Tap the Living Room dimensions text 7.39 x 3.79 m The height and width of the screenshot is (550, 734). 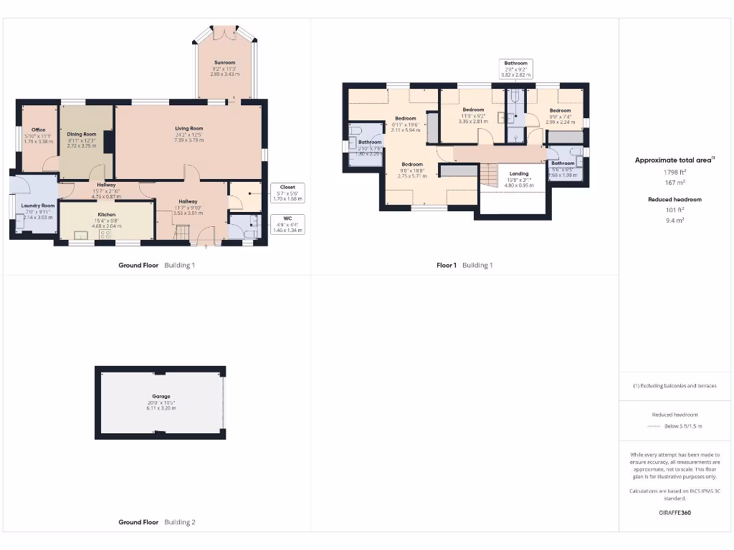tap(189, 140)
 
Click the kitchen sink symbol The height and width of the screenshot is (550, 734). tap(81, 234)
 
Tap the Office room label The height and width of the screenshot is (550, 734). tap(38, 130)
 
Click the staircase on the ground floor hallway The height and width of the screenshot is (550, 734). tap(182, 233)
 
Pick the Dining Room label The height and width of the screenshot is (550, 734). tap(81, 134)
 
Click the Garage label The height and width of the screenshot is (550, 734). tap(161, 396)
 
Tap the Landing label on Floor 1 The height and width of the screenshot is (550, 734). tap(519, 174)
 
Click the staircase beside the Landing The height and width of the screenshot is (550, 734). tap(488, 175)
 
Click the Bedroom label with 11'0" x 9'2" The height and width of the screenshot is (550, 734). tap(473, 110)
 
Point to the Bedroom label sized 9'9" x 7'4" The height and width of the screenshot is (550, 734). tap(560, 110)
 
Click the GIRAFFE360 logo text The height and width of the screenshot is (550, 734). tap(675, 513)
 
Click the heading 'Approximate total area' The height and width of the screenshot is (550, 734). tap(674, 160)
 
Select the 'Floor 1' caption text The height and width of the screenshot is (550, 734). tap(446, 266)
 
